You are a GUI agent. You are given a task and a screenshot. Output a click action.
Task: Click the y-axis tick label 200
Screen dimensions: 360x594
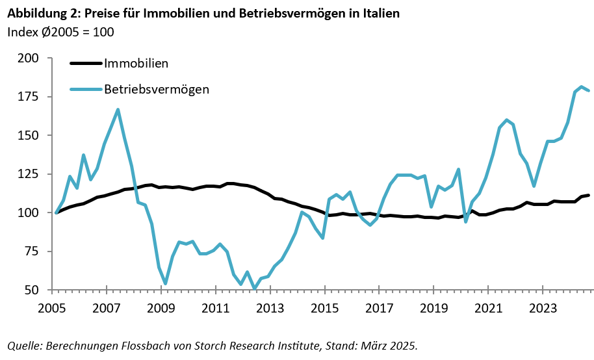[x=27, y=58]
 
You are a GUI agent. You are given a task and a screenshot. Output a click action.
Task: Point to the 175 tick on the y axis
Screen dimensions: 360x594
[x=27, y=97]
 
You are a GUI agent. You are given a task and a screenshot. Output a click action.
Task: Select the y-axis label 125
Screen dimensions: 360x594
[x=27, y=174]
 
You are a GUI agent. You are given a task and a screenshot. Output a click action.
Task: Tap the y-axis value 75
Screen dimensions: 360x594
[x=31, y=251]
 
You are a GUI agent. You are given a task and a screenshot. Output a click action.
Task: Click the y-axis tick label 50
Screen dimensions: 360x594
[x=31, y=290]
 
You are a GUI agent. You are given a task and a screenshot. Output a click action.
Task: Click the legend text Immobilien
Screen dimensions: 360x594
[x=136, y=64]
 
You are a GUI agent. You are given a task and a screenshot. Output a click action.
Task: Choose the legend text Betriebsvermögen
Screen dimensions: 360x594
[x=157, y=89]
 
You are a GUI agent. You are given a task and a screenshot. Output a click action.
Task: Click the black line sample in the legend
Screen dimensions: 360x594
[x=86, y=64]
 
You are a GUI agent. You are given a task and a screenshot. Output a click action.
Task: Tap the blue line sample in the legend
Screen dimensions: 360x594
[x=86, y=89]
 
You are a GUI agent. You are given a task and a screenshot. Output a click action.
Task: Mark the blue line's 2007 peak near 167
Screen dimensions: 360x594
[x=118, y=109]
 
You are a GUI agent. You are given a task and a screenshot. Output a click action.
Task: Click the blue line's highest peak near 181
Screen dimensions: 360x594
[x=580, y=86]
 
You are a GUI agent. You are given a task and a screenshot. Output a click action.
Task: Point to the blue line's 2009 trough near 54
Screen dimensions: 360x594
[x=166, y=283]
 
